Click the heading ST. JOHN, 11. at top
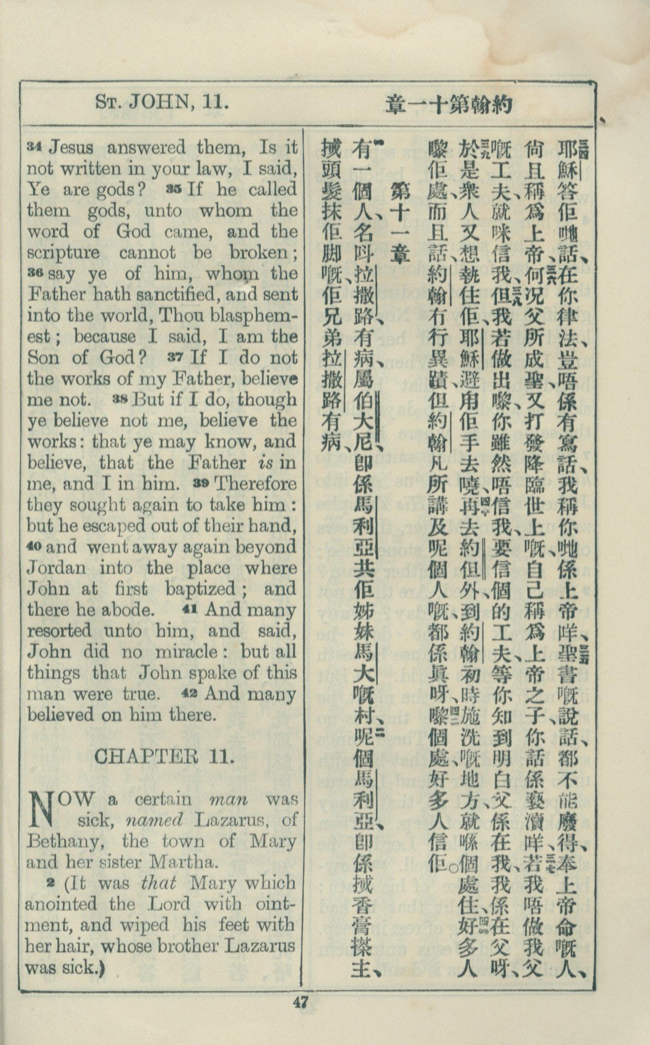pyautogui.click(x=162, y=102)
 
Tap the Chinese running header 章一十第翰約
pyautogui.click(x=450, y=104)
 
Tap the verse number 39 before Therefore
pyautogui.click(x=201, y=483)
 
